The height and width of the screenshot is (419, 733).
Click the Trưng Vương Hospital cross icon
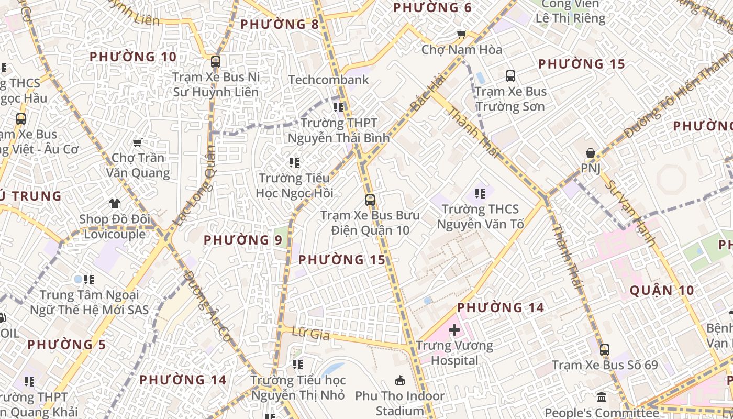tap(454, 330)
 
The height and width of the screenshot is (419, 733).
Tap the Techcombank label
tap(329, 80)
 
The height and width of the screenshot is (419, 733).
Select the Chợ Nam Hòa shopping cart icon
tap(461, 35)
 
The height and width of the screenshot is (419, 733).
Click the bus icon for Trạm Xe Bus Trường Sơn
tap(510, 76)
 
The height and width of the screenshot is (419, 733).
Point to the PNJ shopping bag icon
tap(591, 153)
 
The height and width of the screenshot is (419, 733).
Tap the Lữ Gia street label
tap(311, 333)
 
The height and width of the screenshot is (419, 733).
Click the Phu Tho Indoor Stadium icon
tap(400, 380)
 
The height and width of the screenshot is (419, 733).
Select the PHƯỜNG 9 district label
tap(243, 240)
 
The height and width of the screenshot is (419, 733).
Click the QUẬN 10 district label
tap(662, 291)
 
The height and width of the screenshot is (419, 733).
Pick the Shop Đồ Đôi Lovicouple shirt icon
tap(115, 203)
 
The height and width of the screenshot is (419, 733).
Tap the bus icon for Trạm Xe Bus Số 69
tap(605, 349)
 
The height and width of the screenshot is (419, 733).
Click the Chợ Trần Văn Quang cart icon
tap(138, 142)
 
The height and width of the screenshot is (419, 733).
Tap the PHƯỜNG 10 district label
tap(133, 57)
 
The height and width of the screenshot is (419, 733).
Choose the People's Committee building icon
tap(602, 397)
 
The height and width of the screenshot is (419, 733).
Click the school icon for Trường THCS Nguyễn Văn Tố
tap(480, 194)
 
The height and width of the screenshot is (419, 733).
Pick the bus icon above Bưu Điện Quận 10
tap(370, 200)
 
